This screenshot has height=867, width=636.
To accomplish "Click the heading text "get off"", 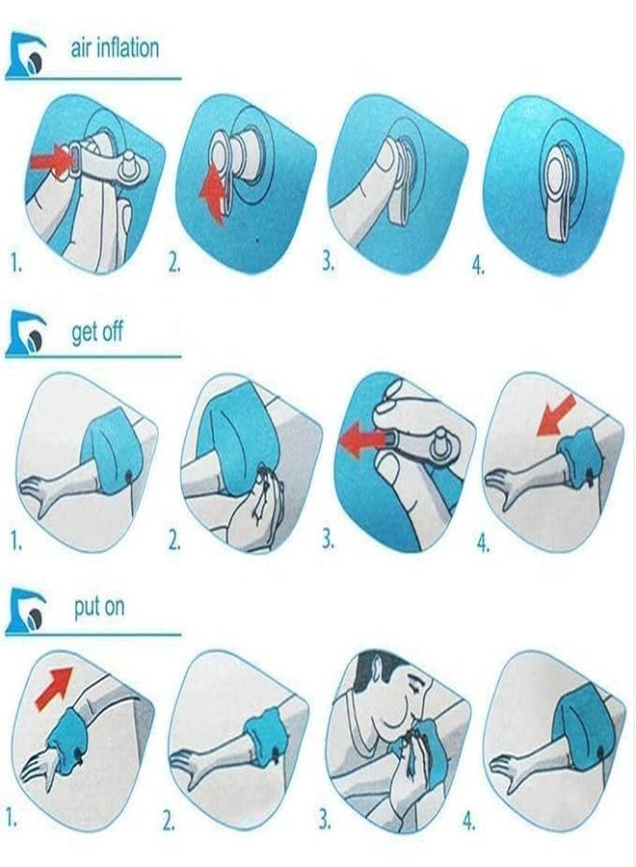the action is click(x=97, y=332).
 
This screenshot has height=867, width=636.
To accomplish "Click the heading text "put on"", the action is click(x=99, y=607).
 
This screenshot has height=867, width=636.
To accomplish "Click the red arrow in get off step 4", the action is click(x=557, y=414).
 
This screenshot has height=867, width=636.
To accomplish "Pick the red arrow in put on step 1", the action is click(x=54, y=687).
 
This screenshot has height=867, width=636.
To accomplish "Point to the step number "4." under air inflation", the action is click(x=478, y=267).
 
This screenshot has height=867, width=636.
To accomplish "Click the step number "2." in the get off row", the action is click(x=174, y=541).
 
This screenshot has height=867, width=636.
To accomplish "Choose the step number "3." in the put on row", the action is click(x=325, y=820).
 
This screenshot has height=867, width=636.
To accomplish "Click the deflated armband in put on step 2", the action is click(x=265, y=731).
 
